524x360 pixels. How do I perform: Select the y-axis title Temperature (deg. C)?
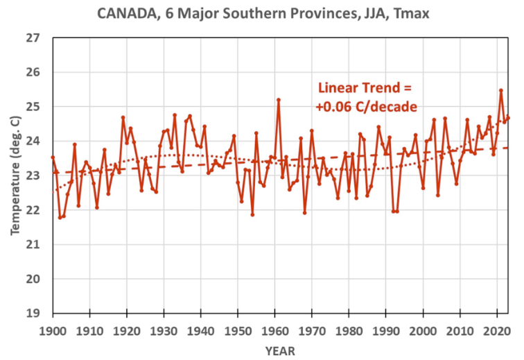pyautogui.click(x=15, y=175)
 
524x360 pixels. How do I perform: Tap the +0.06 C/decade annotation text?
pyautogui.click(x=365, y=107)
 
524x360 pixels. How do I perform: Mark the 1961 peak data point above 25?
pyautogui.click(x=279, y=100)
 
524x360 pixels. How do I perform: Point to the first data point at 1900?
pyautogui.click(x=53, y=157)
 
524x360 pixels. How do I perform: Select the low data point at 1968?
pyautogui.click(x=304, y=212)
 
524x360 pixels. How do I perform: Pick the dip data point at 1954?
pyautogui.click(x=252, y=214)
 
